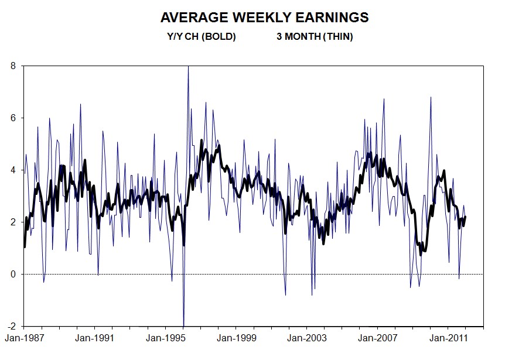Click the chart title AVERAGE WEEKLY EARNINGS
pyautogui.click(x=264, y=18)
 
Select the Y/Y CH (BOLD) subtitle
pyautogui.click(x=201, y=36)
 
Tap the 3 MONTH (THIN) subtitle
pyautogui.click(x=315, y=36)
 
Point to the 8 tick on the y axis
pyautogui.click(x=13, y=66)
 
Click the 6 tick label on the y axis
pyautogui.click(x=13, y=118)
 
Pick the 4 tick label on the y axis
pyautogui.click(x=13, y=170)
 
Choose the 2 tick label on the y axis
pyautogui.click(x=13, y=222)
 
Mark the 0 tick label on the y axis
pyautogui.click(x=13, y=274)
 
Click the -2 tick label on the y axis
pyautogui.click(x=12, y=326)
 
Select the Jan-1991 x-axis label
pyautogui.click(x=94, y=338)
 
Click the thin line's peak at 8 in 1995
pyautogui.click(x=188, y=67)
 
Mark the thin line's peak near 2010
pyautogui.click(x=431, y=97)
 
